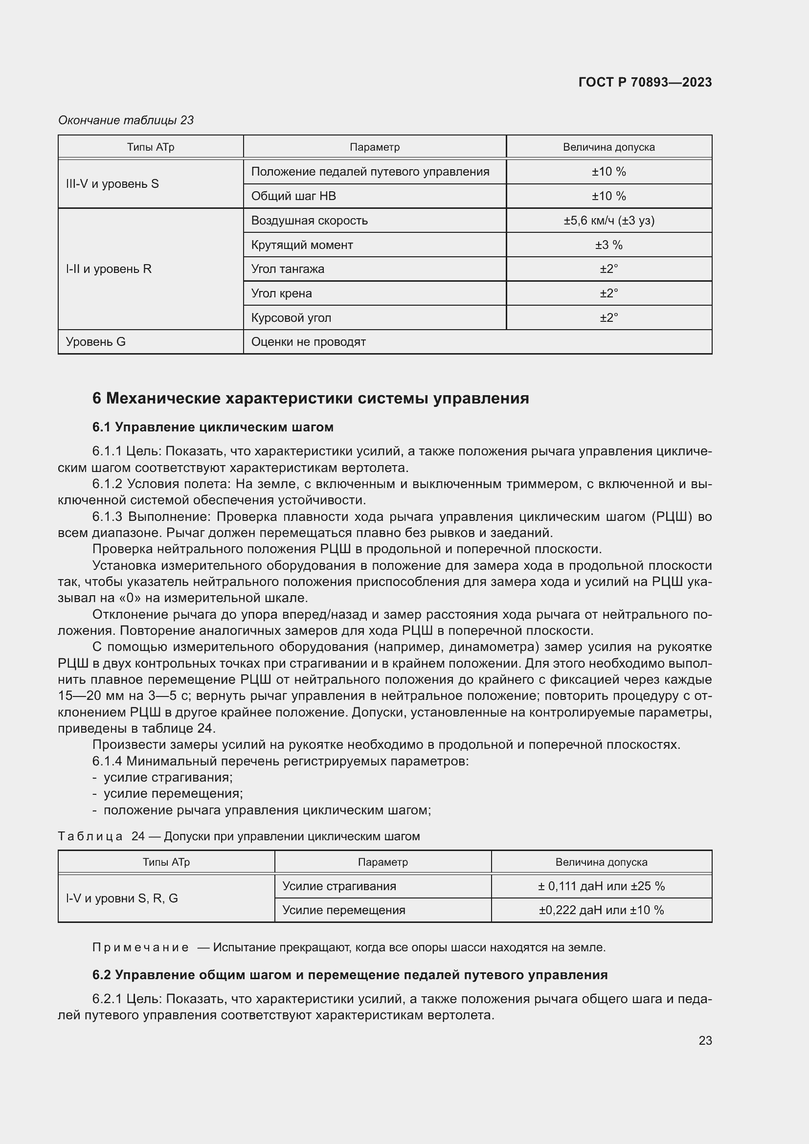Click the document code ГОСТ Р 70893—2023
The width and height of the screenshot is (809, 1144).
pos(645,82)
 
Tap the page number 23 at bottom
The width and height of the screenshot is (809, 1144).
pos(705,1040)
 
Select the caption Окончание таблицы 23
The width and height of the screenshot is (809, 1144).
pos(126,120)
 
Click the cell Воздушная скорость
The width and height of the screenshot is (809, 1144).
pos(309,220)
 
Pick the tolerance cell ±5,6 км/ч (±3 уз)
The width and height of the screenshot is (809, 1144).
pos(609,220)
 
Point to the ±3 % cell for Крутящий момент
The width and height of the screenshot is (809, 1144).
pos(609,245)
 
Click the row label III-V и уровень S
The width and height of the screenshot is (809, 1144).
pos(112,184)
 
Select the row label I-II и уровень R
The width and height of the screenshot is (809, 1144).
pos(109,269)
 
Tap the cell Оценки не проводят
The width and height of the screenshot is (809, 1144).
pos(308,342)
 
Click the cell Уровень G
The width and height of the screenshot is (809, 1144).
pos(96,342)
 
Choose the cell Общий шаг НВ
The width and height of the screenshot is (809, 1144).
pos(293,196)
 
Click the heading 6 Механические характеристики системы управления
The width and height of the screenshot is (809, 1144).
pos(311,398)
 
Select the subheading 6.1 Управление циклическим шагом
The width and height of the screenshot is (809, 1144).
pos(213,427)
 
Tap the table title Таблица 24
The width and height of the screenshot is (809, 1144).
pos(101,836)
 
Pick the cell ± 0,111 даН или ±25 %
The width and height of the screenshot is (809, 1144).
pos(601,886)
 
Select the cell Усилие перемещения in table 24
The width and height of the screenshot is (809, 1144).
pos(344,910)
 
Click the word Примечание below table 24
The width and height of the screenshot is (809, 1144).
pos(140,947)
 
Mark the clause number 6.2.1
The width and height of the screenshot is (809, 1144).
pos(107,999)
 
